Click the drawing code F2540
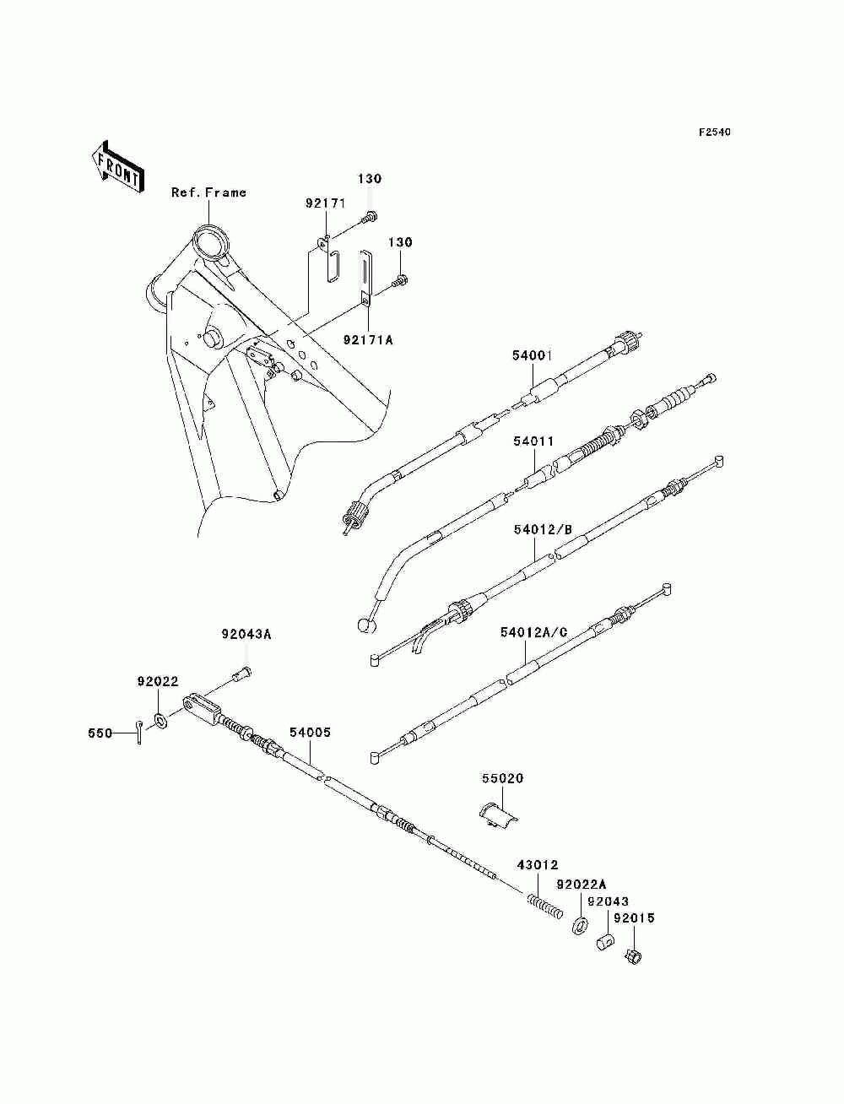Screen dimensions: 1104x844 coord(713,133)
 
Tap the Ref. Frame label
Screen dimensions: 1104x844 coord(208,192)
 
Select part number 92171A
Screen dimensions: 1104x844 coord(368,339)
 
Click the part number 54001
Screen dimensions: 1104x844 coord(532,356)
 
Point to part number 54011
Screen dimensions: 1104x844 coord(533,441)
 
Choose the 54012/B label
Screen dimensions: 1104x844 coord(543,530)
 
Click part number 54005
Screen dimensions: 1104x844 coord(310,733)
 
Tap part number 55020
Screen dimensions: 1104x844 coord(503,778)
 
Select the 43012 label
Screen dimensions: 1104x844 coord(538,865)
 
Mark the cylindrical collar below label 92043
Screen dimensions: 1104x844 coord(605,940)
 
